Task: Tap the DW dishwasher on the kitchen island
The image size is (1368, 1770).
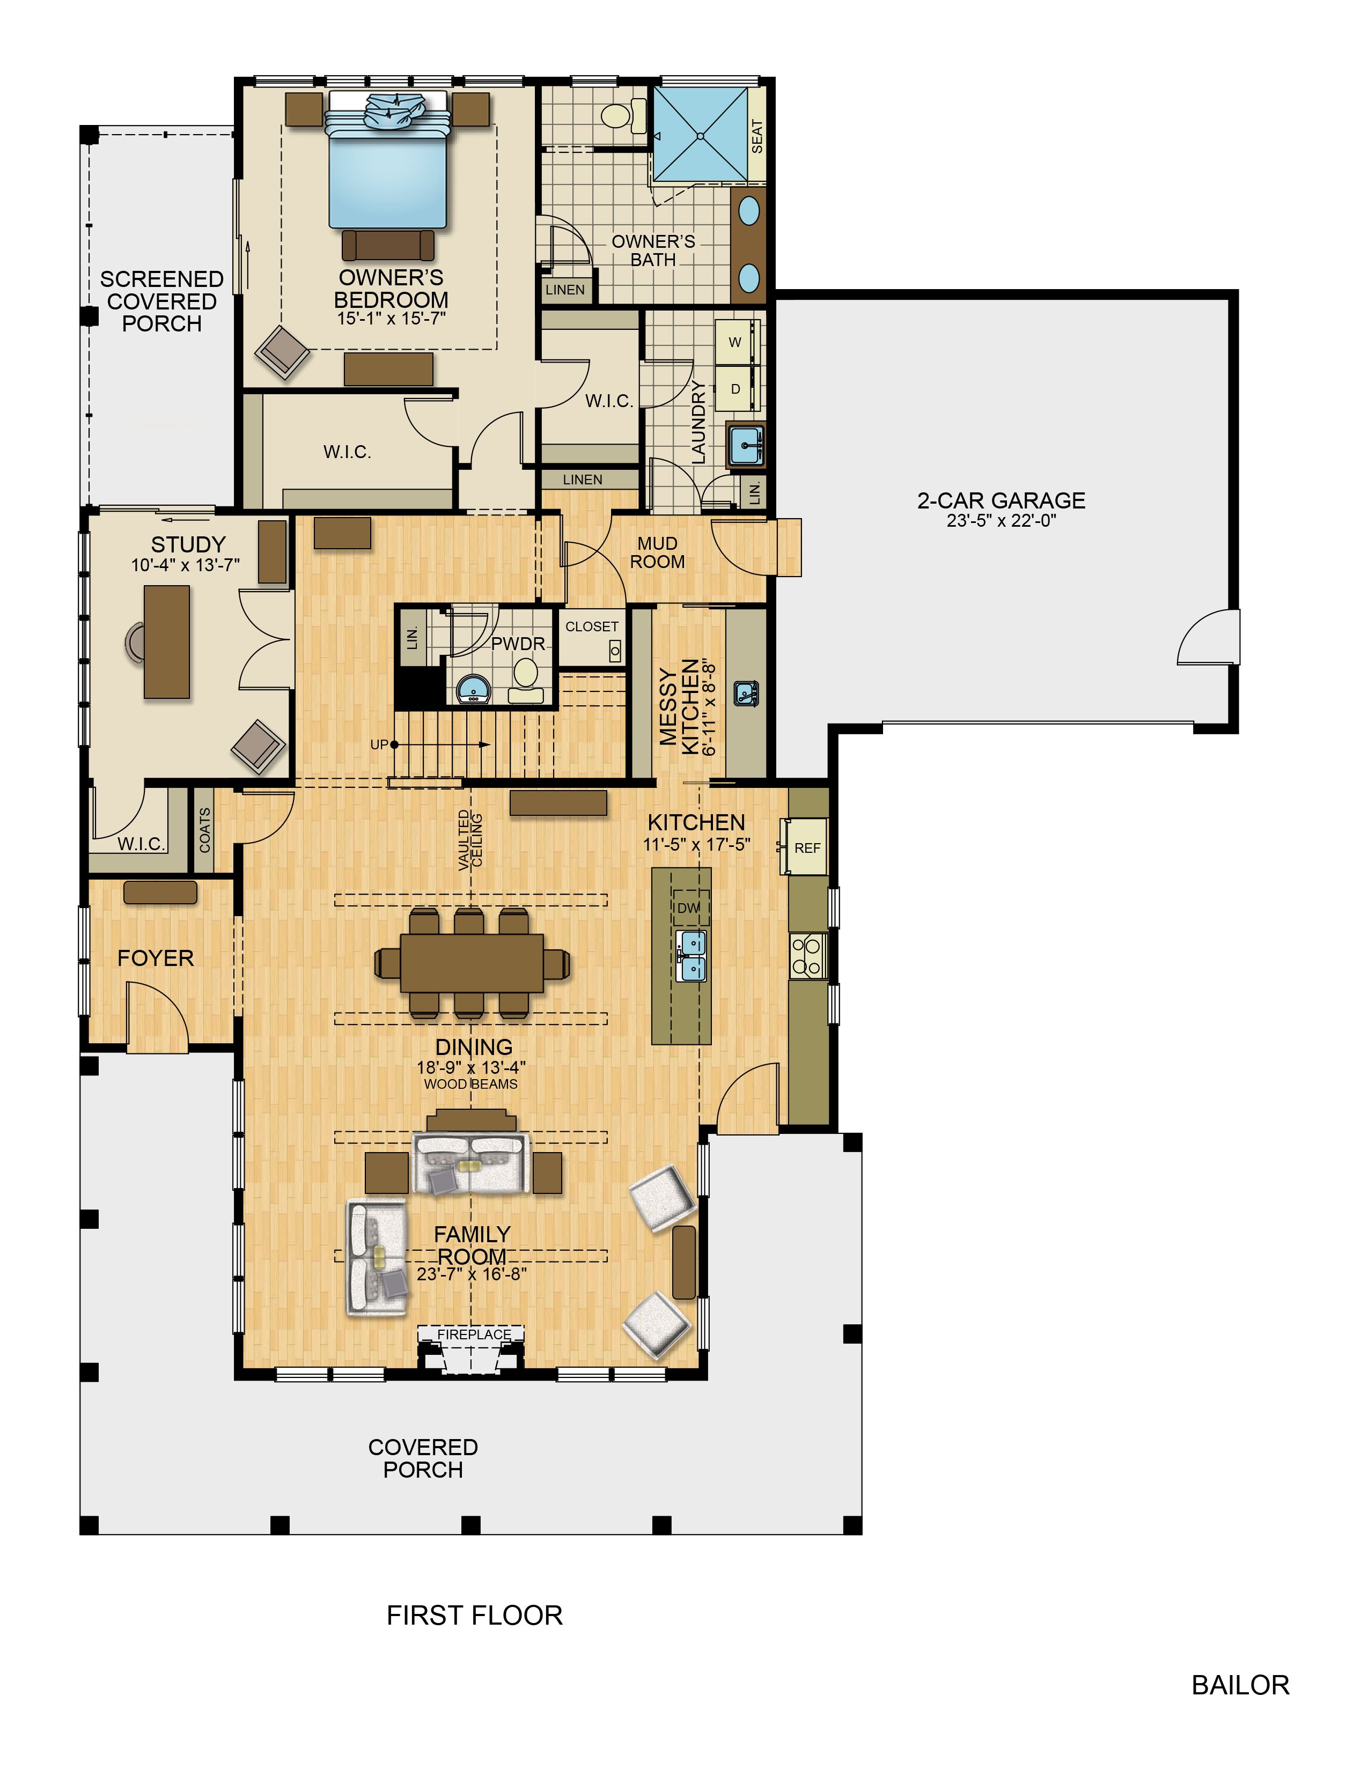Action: click(x=689, y=908)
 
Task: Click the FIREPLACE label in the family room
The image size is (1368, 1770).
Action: click(x=474, y=1334)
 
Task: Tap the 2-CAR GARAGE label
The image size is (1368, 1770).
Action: click(x=1001, y=500)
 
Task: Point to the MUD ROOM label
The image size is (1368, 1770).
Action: click(x=657, y=552)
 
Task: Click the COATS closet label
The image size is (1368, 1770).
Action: click(x=204, y=830)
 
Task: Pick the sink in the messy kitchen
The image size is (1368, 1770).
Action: click(x=746, y=693)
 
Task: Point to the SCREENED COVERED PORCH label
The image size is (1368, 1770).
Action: click(x=162, y=301)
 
